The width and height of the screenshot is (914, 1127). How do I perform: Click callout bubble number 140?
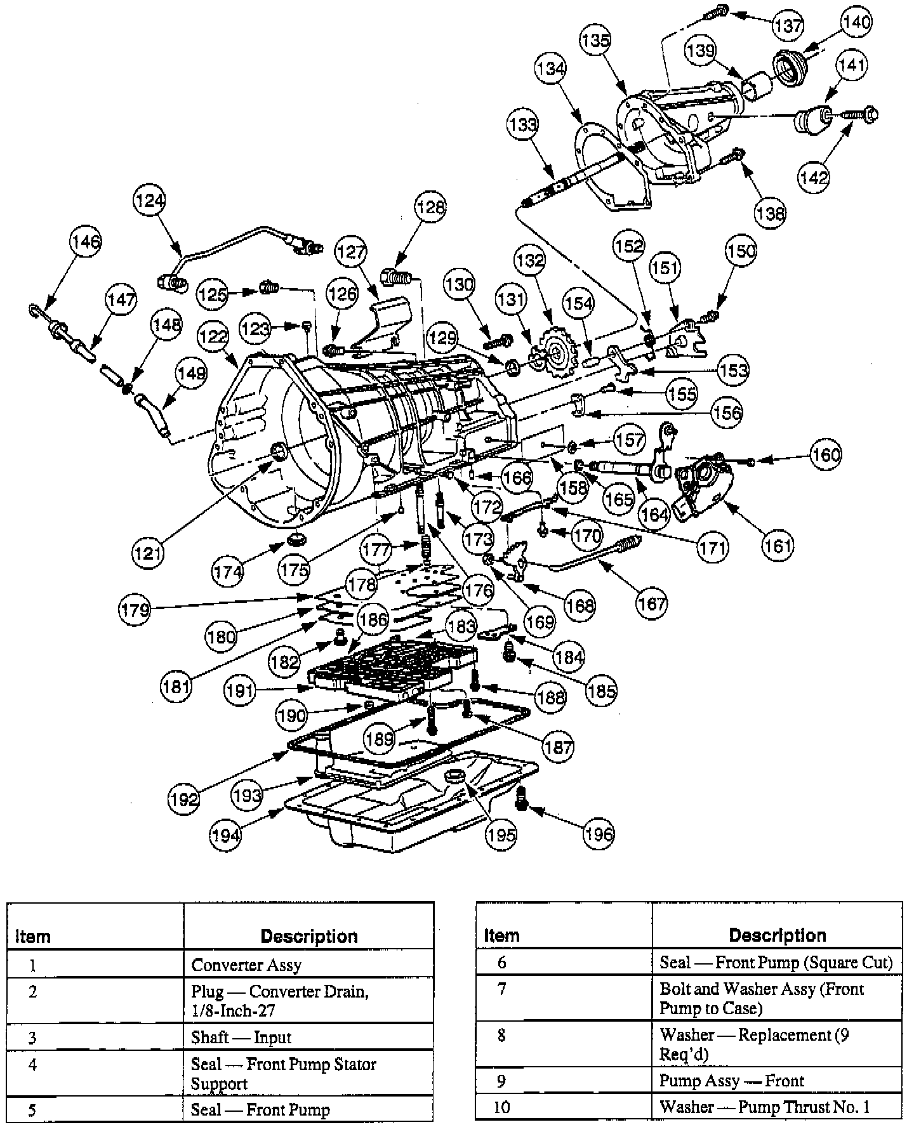[x=856, y=22]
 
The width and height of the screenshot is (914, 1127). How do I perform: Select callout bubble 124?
[x=150, y=201]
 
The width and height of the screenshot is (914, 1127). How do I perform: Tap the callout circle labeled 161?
[x=778, y=544]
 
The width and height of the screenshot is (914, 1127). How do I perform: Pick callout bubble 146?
[x=86, y=242]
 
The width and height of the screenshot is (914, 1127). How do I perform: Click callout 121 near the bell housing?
[x=148, y=553]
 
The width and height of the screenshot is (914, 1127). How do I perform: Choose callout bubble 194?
[x=226, y=835]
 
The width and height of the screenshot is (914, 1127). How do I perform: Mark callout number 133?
[x=523, y=124]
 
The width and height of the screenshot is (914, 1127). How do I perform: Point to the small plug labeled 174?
[x=296, y=540]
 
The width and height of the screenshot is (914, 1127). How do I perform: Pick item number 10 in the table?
[x=501, y=1107]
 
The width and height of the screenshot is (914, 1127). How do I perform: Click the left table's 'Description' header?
[x=308, y=936]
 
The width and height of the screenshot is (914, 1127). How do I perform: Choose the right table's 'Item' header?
[x=501, y=935]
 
